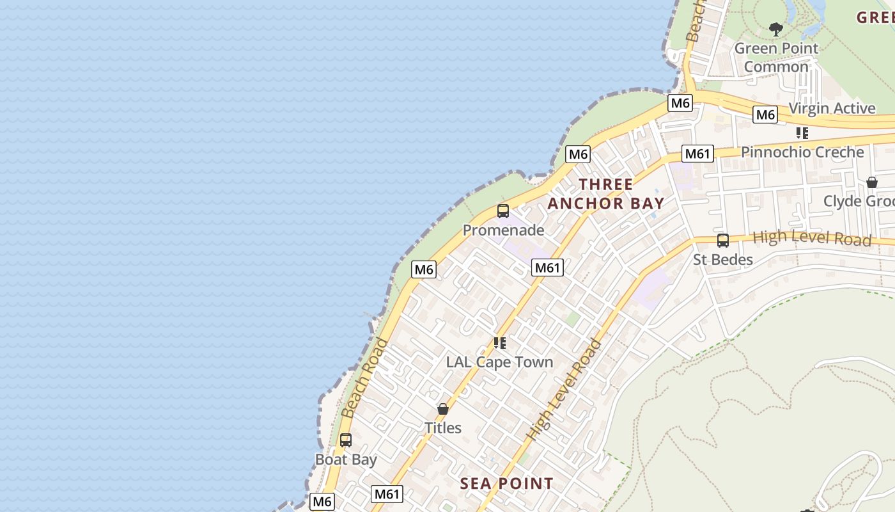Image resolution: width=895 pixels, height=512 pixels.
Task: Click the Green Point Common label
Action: point(776,58)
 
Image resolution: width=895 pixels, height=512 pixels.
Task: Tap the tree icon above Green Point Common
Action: point(776,29)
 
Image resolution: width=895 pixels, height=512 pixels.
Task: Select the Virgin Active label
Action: point(832,108)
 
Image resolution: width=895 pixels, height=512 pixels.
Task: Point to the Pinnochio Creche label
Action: point(802,152)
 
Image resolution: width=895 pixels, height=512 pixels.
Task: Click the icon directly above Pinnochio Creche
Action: point(802,133)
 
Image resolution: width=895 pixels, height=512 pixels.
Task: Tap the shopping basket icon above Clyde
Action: point(872,182)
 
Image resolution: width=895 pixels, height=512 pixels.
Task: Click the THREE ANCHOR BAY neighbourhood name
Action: point(606,194)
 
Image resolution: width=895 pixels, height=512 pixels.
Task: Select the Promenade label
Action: point(504,230)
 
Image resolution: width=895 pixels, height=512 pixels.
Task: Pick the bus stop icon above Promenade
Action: point(503,211)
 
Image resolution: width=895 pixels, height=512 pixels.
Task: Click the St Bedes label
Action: point(723,260)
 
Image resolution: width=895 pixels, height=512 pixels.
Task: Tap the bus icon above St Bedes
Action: point(723,241)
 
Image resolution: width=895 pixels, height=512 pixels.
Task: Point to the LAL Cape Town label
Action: point(499,362)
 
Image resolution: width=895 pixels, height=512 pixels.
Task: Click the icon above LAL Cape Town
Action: point(500,343)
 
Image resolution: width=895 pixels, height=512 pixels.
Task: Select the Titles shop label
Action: point(443,428)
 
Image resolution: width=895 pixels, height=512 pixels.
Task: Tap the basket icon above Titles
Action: point(443,409)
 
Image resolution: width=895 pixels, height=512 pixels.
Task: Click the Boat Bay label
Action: point(346,460)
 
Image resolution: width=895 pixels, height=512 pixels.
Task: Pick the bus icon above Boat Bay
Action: point(346,440)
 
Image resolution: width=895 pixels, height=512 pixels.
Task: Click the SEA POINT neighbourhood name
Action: point(507,484)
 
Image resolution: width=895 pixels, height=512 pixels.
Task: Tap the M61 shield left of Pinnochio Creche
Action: point(697,154)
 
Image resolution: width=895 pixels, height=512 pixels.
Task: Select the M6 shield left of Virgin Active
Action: point(765,115)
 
